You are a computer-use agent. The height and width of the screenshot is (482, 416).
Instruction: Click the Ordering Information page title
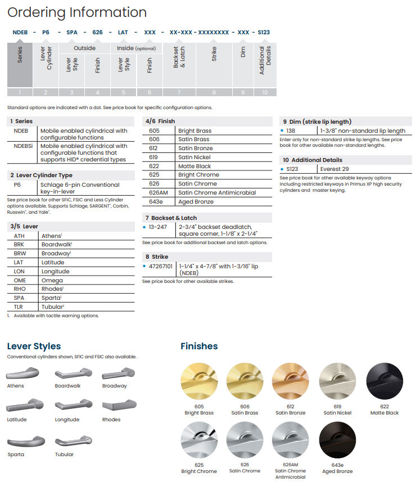[x=77, y=12]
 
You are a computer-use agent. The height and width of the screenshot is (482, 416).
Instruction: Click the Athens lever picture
[x=23, y=373]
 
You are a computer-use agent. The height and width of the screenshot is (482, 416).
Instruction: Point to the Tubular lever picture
[x=74, y=441]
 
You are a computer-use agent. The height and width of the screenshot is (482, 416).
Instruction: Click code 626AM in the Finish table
[x=158, y=192]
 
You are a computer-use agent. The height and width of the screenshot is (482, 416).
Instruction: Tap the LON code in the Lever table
[x=20, y=271]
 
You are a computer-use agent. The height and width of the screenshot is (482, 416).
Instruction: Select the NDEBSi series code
[x=23, y=146]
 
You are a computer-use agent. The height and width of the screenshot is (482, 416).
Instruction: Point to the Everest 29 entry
[x=334, y=169]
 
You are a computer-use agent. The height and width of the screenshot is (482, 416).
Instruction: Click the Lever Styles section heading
[x=34, y=346]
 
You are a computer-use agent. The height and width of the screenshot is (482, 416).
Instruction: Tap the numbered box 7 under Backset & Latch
[x=179, y=93]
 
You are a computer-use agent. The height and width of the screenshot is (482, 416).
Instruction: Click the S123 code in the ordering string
[x=264, y=33]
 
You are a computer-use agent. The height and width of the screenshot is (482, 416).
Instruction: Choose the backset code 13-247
[x=158, y=227]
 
